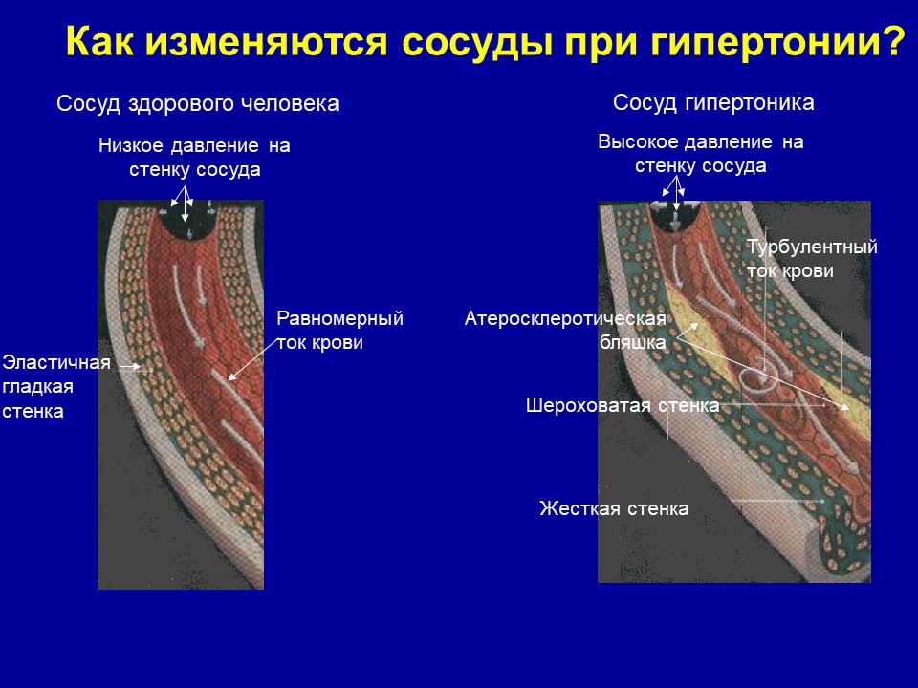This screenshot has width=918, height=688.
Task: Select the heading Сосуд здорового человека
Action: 198,103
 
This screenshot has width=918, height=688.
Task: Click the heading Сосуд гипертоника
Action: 713,103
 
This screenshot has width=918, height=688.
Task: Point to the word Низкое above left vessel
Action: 131,145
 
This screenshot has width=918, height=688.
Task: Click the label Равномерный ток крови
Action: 339,331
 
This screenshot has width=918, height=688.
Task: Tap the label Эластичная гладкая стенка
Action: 56,387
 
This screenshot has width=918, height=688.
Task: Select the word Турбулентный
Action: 812,247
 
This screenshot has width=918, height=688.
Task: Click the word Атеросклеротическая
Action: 565,319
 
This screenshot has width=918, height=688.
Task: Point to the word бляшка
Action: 633,342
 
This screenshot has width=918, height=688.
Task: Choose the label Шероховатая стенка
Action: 623,405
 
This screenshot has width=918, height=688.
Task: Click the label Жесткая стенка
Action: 614,508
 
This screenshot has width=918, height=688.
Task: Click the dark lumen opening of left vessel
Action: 186,221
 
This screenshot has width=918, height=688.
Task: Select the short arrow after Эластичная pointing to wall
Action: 130,366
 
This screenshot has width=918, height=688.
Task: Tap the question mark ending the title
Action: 894,41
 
